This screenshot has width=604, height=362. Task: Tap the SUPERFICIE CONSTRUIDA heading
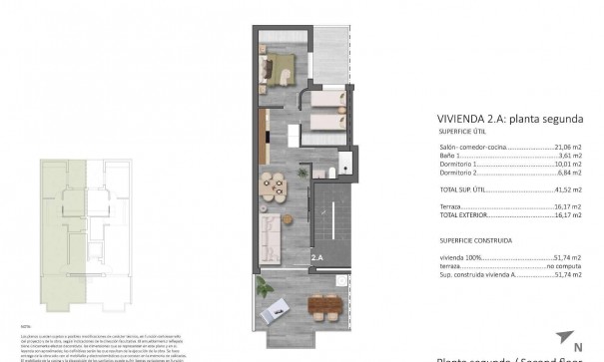coord(475,240)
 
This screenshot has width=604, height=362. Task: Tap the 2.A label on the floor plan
coord(316,257)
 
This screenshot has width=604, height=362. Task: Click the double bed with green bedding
coord(276,69)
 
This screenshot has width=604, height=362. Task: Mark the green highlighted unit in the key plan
coord(61,229)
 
